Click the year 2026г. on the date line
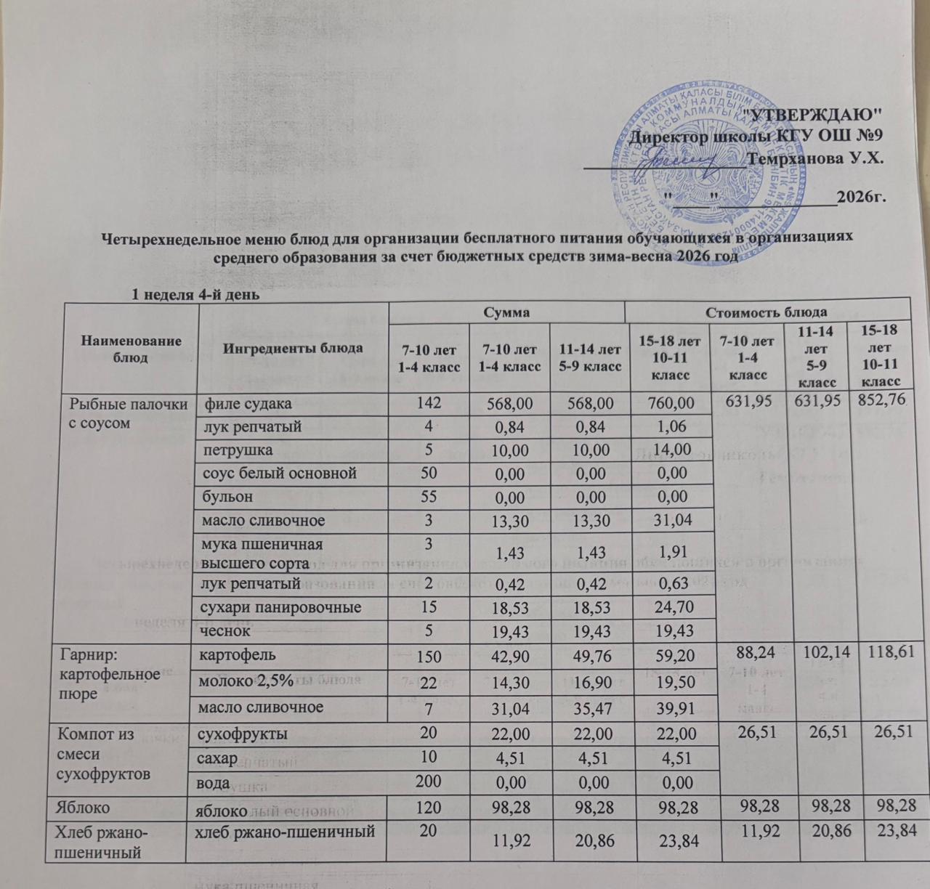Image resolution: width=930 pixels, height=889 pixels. pos(862,197)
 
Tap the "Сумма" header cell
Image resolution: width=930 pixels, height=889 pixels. pos(508,312)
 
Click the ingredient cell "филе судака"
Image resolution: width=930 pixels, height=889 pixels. pos(249,403)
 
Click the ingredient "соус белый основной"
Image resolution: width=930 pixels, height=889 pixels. pos(280,473)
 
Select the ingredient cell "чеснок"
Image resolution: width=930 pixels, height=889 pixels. pos(227,630)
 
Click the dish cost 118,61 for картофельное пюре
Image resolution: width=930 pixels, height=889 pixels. pos(890,651)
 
